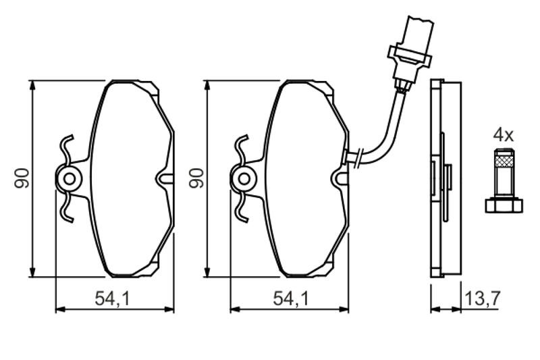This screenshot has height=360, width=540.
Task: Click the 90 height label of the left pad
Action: coord(22,178)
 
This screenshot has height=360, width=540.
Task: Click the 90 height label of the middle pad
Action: coord(196,178)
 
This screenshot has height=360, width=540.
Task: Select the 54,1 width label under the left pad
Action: coord(113,299)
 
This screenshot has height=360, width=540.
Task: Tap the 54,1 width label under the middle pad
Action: coord(291,299)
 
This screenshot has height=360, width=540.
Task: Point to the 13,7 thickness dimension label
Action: coord(482,299)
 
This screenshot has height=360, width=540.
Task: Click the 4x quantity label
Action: coord(503,134)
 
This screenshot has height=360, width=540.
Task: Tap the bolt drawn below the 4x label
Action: coord(504,180)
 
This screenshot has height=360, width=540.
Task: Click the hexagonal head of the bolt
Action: coord(504,205)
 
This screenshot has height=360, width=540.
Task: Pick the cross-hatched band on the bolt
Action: coord(504,161)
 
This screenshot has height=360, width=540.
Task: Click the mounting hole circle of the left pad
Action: coord(70,179)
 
